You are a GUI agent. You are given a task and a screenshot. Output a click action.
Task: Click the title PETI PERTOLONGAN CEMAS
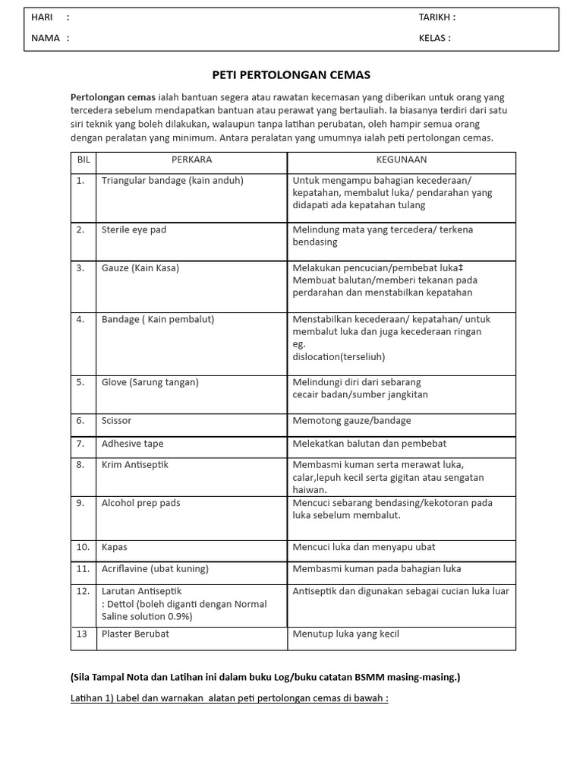(x=291, y=75)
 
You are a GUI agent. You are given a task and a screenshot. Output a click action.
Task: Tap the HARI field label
(x=42, y=17)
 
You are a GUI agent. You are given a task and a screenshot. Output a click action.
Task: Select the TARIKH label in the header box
(x=436, y=17)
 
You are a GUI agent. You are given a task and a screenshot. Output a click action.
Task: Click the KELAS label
(x=434, y=37)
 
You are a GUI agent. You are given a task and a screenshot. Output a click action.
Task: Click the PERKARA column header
(x=191, y=160)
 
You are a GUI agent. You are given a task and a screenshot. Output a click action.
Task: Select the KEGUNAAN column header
(x=402, y=160)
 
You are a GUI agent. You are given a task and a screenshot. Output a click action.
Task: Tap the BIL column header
(x=84, y=160)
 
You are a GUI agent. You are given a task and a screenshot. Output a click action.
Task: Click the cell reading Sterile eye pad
(x=134, y=229)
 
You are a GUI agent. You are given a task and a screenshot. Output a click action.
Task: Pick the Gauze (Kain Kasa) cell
(x=140, y=268)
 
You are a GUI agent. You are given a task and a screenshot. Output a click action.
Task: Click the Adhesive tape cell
(x=132, y=444)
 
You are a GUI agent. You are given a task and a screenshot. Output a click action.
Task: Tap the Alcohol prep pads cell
(x=141, y=503)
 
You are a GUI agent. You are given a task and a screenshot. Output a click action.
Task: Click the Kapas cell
(x=115, y=547)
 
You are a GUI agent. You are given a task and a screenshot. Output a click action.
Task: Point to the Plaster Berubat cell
(x=135, y=634)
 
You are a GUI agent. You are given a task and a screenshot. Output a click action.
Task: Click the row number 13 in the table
(x=81, y=634)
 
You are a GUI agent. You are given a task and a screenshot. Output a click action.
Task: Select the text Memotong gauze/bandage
(x=351, y=420)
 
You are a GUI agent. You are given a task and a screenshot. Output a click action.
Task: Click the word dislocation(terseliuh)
(x=339, y=356)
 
